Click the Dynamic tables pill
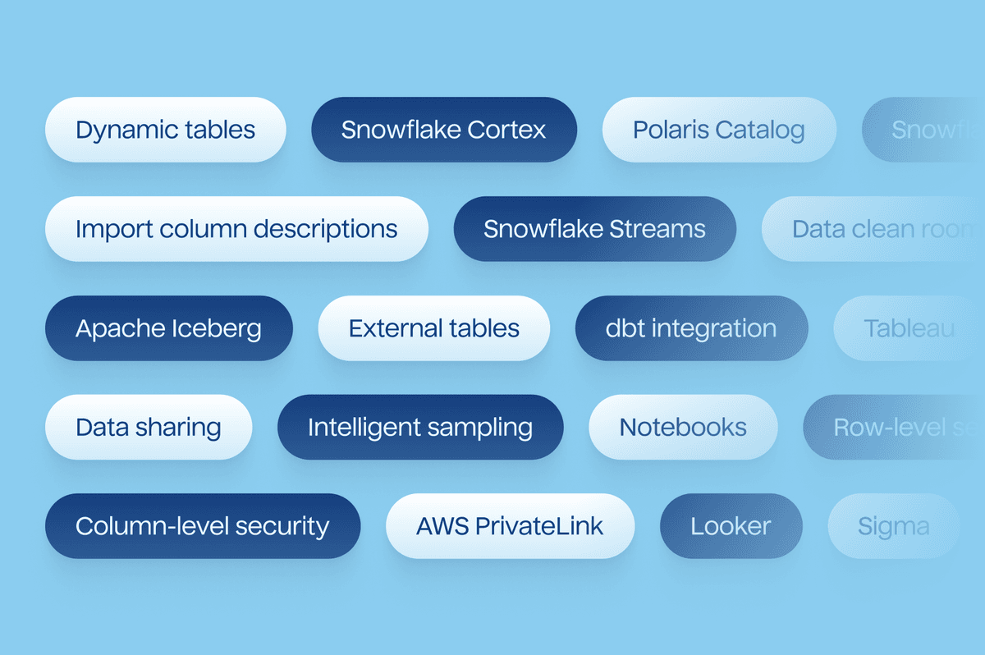[x=165, y=130]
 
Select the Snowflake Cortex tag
[x=443, y=130]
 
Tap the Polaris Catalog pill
[x=719, y=130]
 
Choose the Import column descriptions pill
[x=236, y=229]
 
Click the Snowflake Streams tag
[x=594, y=229]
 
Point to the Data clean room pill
[x=878, y=229]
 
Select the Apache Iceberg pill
[x=168, y=328]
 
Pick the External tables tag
[x=433, y=328]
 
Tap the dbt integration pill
[x=691, y=328]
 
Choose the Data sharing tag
[x=149, y=427]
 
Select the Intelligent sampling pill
[x=420, y=427]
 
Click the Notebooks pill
[x=683, y=427]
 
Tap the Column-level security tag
[x=202, y=526]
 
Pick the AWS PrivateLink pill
[x=510, y=526]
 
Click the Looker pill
[x=731, y=526]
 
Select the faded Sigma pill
[x=893, y=526]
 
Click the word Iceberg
[x=217, y=329]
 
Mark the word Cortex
[x=506, y=130]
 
